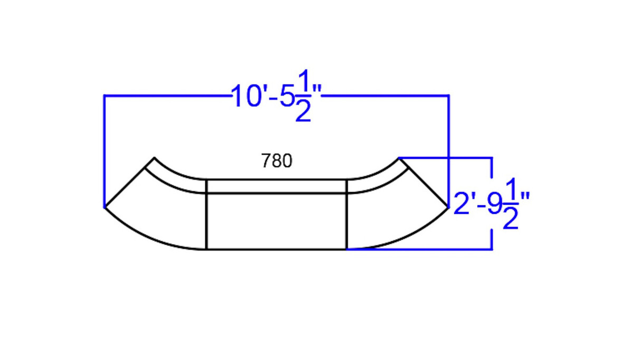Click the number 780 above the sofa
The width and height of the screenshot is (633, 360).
click(276, 161)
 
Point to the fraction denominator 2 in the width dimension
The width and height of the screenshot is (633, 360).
click(303, 111)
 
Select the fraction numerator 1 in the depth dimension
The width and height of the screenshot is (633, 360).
click(511, 188)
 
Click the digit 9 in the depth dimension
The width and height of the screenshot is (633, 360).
click(494, 204)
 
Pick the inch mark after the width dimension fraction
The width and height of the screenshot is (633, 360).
click(317, 90)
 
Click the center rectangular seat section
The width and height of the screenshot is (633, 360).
click(276, 221)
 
